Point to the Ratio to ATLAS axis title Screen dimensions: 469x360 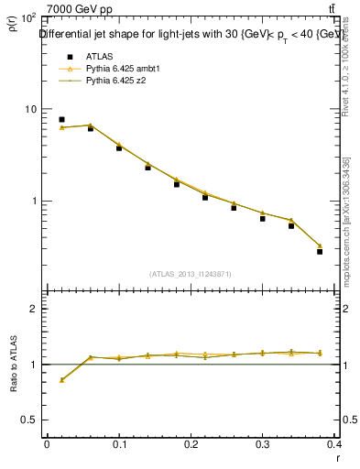point(13,365)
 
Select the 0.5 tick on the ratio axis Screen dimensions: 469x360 point(27,420)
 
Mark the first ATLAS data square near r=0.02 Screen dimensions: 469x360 point(61,119)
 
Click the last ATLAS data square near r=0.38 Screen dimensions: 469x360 point(320,251)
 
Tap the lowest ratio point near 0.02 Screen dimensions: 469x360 point(61,379)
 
